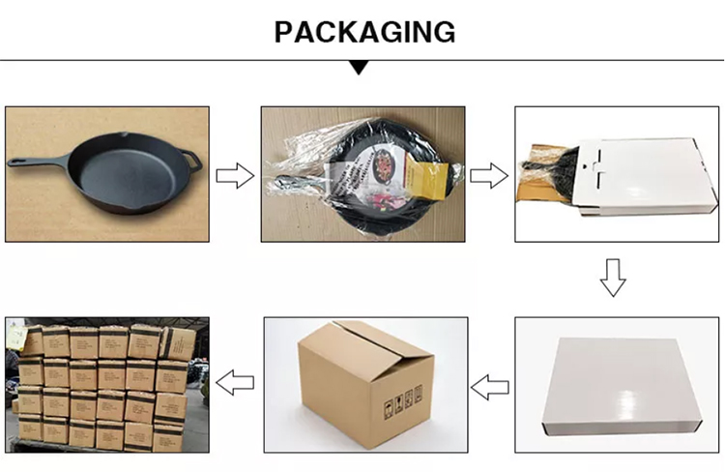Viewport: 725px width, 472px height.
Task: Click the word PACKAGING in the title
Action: coord(364,32)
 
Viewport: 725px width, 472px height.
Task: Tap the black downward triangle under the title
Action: coord(360,68)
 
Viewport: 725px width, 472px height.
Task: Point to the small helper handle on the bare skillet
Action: coord(192,160)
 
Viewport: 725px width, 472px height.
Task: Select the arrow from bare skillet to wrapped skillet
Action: coord(235,175)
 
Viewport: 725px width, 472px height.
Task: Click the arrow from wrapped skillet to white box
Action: coord(489,175)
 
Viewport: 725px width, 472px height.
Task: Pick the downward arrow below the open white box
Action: coord(613,278)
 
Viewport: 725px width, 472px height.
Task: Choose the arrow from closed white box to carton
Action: coord(490,387)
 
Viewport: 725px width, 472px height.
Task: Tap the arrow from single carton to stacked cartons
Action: coord(235,382)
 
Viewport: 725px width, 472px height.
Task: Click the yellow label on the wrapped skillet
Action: coord(426,174)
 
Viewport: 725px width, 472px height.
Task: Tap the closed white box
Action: coord(622,387)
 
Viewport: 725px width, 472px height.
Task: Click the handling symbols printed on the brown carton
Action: coord(403,401)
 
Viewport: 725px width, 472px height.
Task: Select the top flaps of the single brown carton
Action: coord(365,342)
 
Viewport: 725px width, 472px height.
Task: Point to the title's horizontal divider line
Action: coord(362,60)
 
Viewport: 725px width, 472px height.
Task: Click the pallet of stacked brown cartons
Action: coord(106,385)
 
